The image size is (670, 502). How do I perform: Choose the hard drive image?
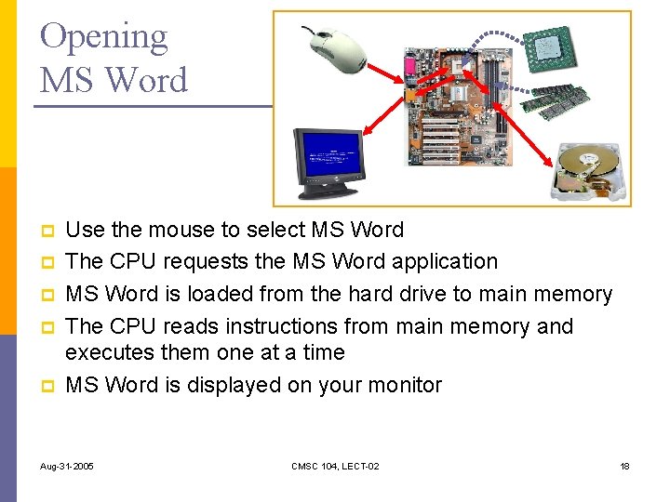[587, 173]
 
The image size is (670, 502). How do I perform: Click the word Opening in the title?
[103, 37]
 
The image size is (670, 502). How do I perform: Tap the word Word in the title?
[149, 80]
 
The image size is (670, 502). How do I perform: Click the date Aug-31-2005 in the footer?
[67, 465]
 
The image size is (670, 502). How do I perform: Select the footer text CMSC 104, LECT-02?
[335, 465]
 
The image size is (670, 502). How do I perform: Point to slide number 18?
[624, 465]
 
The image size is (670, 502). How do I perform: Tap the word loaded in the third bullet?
[222, 295]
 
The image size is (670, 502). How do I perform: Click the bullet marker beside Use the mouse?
[46, 231]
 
